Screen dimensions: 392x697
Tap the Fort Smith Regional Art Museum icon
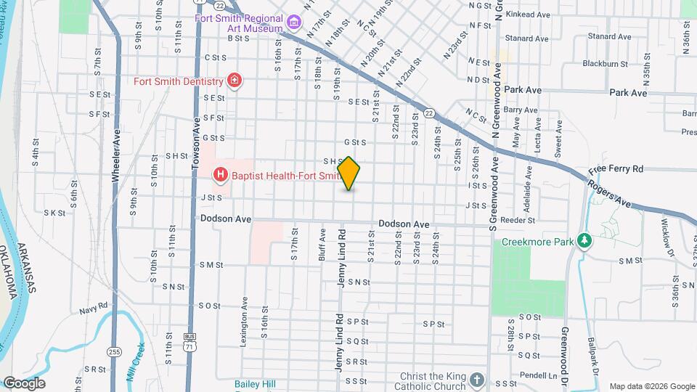293,23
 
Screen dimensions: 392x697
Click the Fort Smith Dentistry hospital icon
234,81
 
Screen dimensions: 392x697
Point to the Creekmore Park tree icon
583,240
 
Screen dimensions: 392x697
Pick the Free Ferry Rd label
616,168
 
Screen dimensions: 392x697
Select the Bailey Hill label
254,383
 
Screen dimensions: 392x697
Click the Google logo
24,383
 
